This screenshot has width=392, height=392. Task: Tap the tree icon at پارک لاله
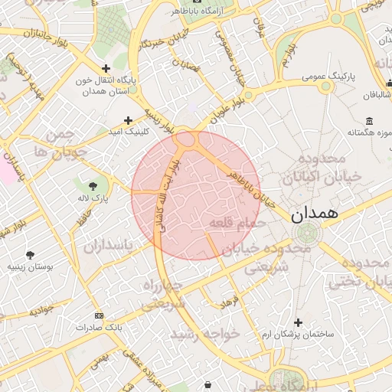93,186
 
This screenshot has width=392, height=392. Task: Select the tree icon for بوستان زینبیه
30,255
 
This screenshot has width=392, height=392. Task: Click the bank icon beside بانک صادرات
99,315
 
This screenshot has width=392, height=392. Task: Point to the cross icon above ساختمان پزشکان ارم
298,322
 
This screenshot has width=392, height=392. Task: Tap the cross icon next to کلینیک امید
128,119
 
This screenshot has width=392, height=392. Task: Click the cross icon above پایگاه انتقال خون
106,68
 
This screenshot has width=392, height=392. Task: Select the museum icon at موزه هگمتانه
370,122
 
